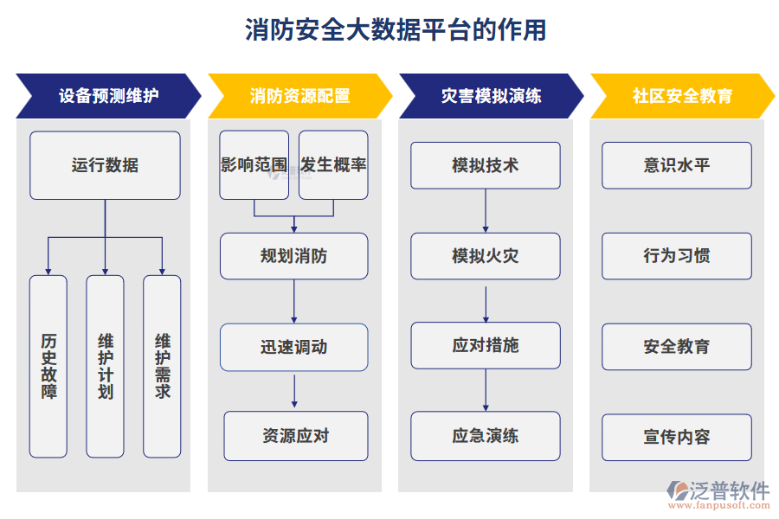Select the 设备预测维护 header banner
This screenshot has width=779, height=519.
tap(107, 96)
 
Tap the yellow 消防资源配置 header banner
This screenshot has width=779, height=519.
tap(299, 96)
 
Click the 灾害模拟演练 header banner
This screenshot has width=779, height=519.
tap(490, 96)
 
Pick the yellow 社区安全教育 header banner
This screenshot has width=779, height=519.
tap(681, 96)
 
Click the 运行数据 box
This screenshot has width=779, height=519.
tap(105, 165)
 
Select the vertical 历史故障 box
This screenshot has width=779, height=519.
tap(48, 366)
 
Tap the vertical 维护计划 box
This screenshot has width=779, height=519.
tap(105, 366)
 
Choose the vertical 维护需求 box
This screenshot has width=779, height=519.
tap(162, 366)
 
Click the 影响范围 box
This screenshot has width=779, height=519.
tap(254, 165)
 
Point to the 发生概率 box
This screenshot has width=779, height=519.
tap(333, 165)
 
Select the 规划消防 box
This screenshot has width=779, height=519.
tap(293, 256)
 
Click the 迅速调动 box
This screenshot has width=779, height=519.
tap(293, 347)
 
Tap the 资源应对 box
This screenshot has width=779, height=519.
tap(295, 436)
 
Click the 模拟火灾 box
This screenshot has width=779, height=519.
tap(485, 256)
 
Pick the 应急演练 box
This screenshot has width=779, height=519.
tap(485, 436)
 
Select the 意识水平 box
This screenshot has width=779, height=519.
tap(676, 165)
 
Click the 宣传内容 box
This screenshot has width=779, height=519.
tap(676, 437)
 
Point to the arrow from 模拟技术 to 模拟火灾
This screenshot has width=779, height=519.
tap(485, 211)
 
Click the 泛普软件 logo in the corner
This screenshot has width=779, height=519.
tap(718, 494)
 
